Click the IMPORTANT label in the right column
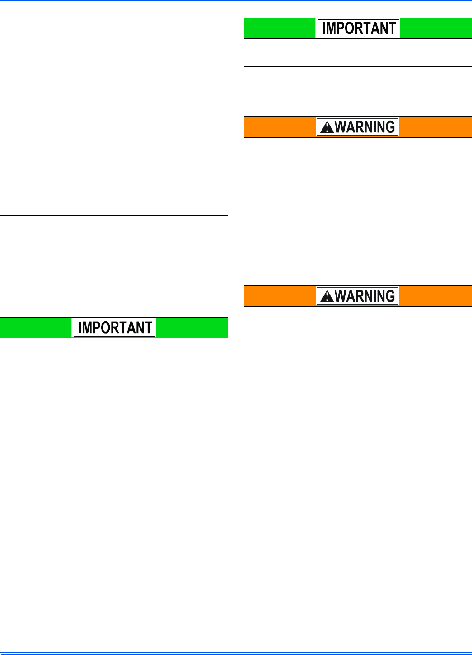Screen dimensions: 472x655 coord(358,28)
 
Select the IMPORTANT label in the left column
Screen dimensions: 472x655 coord(115,328)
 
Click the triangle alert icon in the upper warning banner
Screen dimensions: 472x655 coord(327,128)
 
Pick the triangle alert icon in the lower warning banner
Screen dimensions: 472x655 coord(327,297)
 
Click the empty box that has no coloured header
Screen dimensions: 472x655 coord(114,232)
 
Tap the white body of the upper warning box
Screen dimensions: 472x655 coord(358,159)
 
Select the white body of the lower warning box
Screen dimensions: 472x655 coord(358,323)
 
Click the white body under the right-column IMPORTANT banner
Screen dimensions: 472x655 coord(358,52)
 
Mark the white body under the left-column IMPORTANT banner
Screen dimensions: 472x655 coord(114,352)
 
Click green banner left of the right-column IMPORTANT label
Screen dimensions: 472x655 coord(280,28)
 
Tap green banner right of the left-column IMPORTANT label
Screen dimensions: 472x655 coord(192,328)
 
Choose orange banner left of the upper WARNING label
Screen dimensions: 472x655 coord(280,127)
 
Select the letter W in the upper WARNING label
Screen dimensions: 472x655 coord(341,127)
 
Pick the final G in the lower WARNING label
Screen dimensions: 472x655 coord(390,296)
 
